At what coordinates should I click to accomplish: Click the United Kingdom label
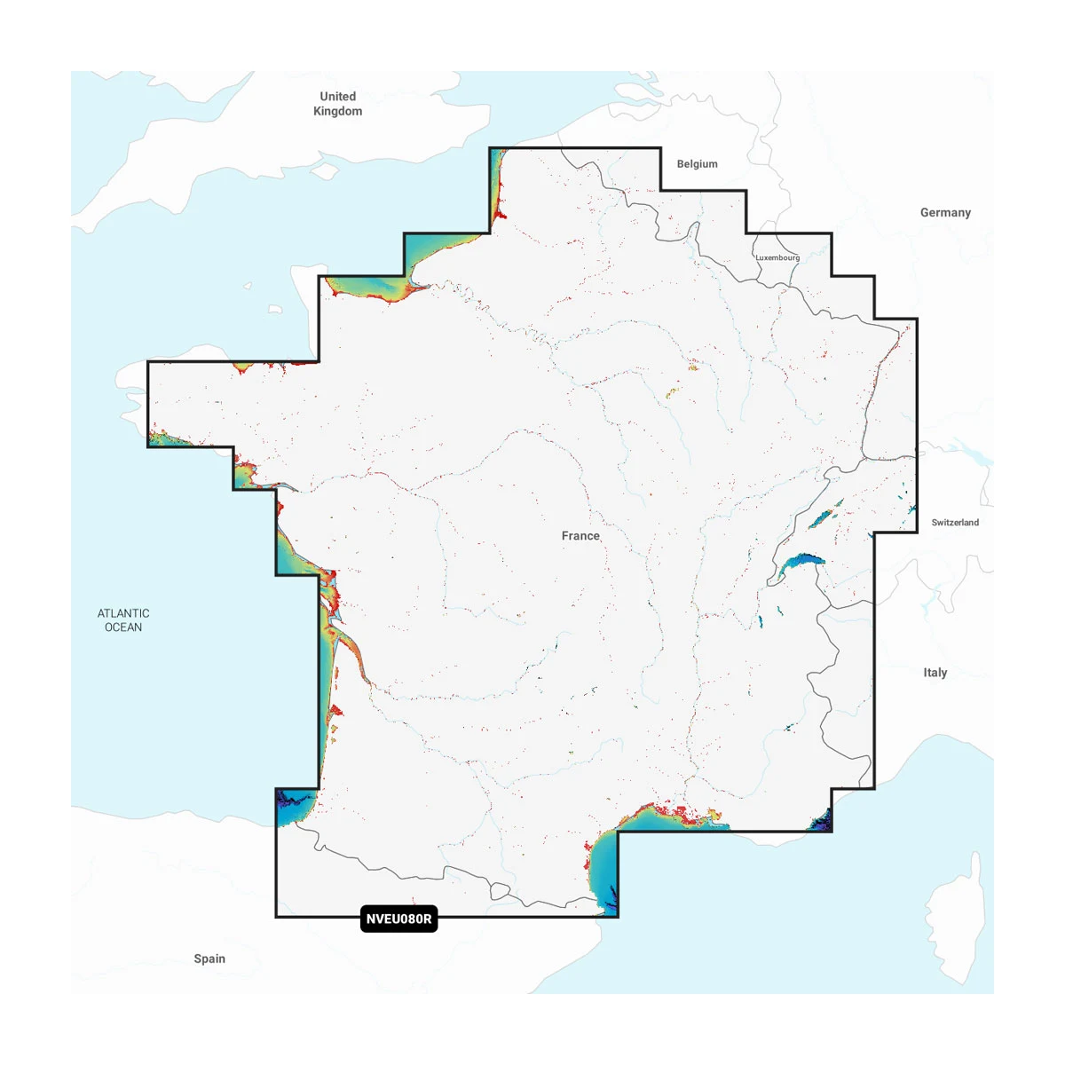(337, 103)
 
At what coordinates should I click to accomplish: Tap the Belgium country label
(697, 164)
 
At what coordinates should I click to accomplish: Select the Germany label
(945, 213)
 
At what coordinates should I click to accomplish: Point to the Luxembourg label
(777, 257)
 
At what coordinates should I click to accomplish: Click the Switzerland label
(955, 523)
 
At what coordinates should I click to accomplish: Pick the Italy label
(935, 673)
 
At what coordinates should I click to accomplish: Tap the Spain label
(209, 958)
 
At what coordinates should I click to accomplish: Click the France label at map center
(580, 536)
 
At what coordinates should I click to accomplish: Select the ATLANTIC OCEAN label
(123, 620)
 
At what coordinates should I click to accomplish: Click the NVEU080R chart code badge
(399, 919)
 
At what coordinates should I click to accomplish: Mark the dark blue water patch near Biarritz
(290, 802)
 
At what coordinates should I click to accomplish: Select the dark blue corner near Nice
(821, 822)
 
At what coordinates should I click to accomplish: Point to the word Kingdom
(337, 111)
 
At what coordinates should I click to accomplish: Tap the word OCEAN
(123, 627)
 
